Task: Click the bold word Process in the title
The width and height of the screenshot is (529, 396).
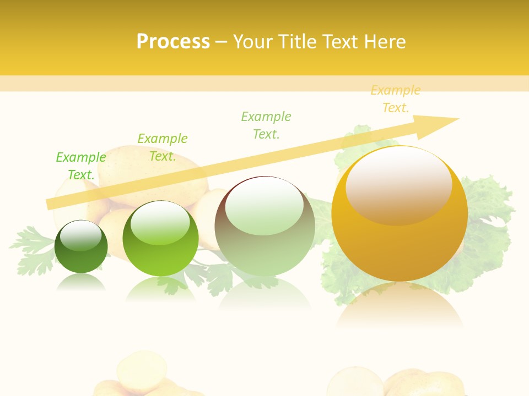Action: pyautogui.click(x=173, y=41)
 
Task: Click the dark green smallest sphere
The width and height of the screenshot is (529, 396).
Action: pyautogui.click(x=81, y=247)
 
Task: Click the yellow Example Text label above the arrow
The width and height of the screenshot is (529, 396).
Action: pyautogui.click(x=396, y=99)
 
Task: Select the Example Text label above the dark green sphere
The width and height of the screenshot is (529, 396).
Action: pyautogui.click(x=81, y=166)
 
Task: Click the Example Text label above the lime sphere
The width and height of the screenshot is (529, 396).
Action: pyautogui.click(x=163, y=147)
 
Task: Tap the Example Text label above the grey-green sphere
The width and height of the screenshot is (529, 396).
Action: pyautogui.click(x=266, y=125)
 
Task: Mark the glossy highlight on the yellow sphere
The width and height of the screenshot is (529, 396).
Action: pyautogui.click(x=399, y=182)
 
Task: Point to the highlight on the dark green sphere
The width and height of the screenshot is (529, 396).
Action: pyautogui.click(x=81, y=234)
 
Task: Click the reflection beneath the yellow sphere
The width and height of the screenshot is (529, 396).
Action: pyautogui.click(x=400, y=305)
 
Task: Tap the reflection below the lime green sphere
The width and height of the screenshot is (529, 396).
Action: pyautogui.click(x=160, y=289)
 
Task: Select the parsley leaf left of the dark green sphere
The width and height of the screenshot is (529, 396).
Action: pyautogui.click(x=30, y=248)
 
